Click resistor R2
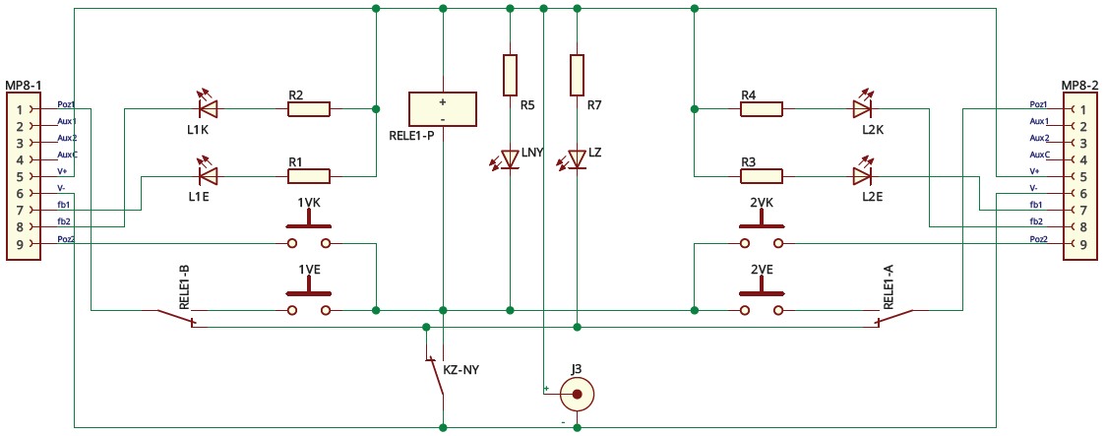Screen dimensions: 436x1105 coord(309,108)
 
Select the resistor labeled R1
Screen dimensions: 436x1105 coord(309,177)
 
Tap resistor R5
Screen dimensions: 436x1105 coord(510,75)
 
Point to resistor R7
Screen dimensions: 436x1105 coord(578,75)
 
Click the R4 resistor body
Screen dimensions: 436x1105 coord(762,108)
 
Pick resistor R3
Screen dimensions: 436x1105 coord(762,177)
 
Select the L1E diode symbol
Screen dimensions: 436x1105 coord(208,176)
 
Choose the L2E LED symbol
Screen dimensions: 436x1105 coord(863,176)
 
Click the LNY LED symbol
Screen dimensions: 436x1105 coord(510,157)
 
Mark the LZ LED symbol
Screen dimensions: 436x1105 coord(578,158)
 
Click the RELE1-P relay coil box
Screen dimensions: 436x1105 coord(443,108)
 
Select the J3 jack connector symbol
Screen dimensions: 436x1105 coord(578,396)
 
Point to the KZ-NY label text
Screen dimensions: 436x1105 coord(461,370)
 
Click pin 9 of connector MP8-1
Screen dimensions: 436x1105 coord(19,243)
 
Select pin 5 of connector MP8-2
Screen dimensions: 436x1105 coord(1083,176)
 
